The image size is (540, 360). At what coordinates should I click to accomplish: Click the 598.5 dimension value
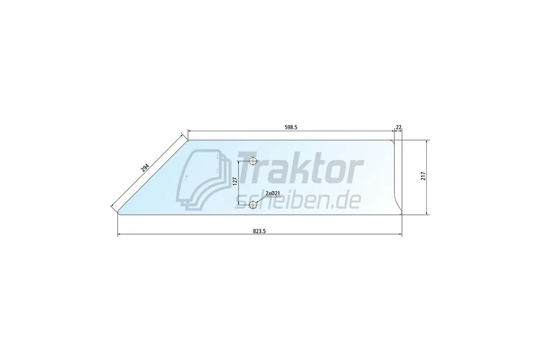click(291, 127)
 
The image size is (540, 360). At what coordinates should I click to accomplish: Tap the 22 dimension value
click(399, 127)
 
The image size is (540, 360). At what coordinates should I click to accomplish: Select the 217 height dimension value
click(423, 176)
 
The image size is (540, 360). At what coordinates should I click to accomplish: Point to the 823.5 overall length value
click(259, 231)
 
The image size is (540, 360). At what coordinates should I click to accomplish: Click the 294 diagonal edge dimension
click(145, 168)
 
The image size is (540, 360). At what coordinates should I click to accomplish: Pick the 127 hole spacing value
click(235, 181)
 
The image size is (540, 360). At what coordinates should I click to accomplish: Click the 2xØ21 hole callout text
click(273, 193)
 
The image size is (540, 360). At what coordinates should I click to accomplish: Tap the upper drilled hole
click(253, 161)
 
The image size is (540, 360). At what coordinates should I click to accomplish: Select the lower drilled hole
click(253, 205)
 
